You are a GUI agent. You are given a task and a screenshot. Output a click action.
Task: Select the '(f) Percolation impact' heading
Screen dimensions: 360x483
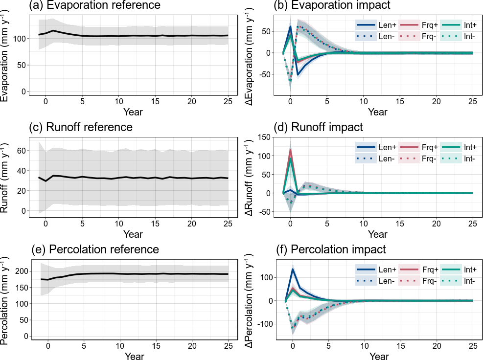338,249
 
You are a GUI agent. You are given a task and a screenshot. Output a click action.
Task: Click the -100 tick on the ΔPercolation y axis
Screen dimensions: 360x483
263,324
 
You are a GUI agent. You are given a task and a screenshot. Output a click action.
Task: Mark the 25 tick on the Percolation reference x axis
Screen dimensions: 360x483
228,347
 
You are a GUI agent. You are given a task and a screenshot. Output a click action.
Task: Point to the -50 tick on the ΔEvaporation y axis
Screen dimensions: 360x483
266,74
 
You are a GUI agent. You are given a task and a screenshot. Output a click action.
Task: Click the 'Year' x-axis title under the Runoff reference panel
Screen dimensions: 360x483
133,234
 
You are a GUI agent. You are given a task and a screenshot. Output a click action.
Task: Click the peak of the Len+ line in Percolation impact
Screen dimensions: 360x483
293,269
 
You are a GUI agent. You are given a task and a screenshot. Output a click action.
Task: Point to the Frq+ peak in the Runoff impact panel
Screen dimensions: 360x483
291,150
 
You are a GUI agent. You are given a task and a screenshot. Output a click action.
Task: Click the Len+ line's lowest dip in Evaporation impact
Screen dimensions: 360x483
298,74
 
